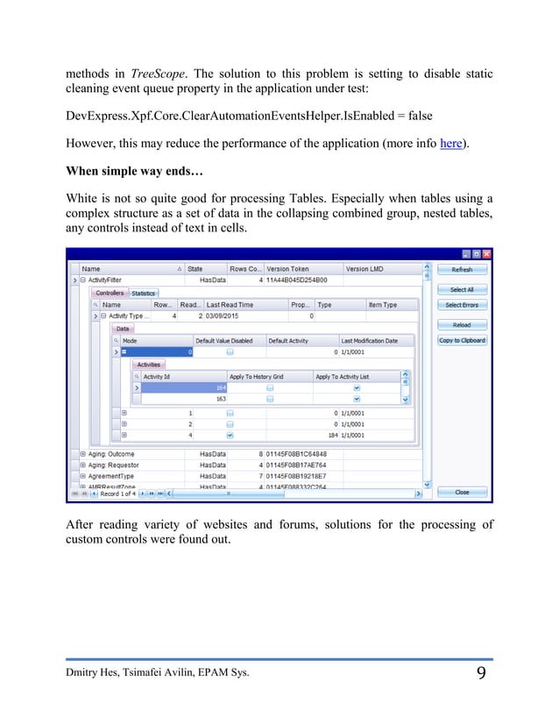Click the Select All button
coord(462,289)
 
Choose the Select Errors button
coord(462,305)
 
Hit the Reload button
coord(462,324)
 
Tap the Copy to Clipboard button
coord(462,340)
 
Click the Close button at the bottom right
coord(462,493)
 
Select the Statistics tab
coord(143,293)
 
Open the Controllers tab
coord(110,293)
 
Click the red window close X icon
coord(487,254)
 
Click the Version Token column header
coord(289,269)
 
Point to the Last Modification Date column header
coord(369,340)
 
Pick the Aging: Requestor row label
coord(112,465)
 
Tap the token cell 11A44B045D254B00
coord(298,280)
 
